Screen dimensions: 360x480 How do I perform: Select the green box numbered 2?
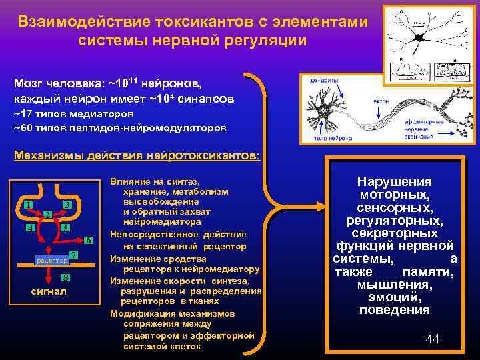[48, 214]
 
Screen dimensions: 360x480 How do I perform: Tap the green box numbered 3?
[67, 204]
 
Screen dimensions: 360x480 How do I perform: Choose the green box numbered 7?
[74, 256]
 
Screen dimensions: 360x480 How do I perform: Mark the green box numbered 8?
[65, 277]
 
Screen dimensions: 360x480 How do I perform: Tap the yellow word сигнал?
[49, 292]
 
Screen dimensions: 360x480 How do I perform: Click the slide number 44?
[432, 340]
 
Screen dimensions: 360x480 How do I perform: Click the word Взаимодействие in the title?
[81, 22]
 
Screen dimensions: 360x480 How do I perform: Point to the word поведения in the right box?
[394, 310]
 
